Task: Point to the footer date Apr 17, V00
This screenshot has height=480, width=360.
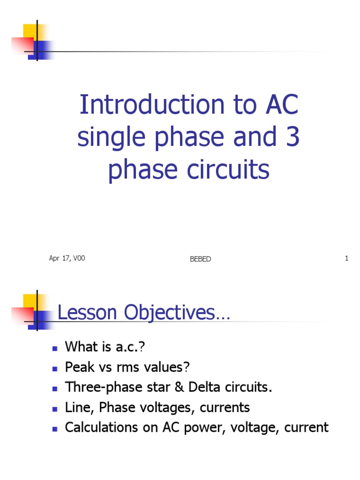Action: tap(67, 258)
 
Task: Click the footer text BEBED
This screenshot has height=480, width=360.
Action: tap(200, 259)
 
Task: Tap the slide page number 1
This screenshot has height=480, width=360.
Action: tap(346, 258)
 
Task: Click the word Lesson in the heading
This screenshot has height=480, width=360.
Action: tap(88, 313)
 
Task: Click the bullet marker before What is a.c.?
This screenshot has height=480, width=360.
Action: tap(54, 348)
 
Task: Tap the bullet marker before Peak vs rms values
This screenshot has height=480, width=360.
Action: tap(54, 368)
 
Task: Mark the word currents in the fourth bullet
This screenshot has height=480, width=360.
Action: tap(225, 407)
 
